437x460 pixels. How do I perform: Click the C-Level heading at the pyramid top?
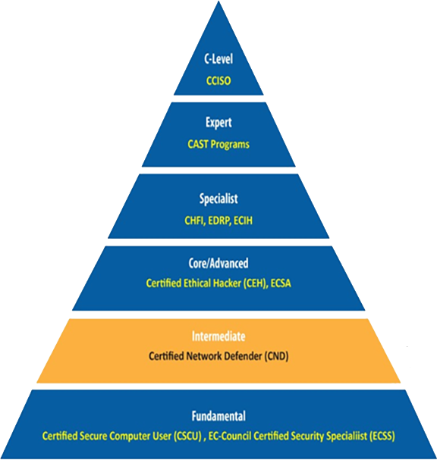point(218,59)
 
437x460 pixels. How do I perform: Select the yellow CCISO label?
point(218,80)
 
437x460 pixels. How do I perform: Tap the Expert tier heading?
point(218,123)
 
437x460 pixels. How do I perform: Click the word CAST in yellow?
point(198,144)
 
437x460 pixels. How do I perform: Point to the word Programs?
point(230,145)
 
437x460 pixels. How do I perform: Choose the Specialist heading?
point(218,199)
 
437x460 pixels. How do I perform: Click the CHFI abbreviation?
point(194,221)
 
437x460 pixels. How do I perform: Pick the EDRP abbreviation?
point(219,221)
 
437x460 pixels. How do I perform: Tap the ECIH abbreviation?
point(244,221)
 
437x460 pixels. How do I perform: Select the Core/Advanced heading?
point(218,263)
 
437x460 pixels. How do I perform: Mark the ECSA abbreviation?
point(281,283)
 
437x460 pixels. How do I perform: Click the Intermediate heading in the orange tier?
point(218,336)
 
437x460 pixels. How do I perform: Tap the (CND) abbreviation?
point(276,356)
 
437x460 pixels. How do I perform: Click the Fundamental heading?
point(218,416)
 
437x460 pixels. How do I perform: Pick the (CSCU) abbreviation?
point(187,436)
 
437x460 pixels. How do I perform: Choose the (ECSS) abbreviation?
point(382,436)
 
